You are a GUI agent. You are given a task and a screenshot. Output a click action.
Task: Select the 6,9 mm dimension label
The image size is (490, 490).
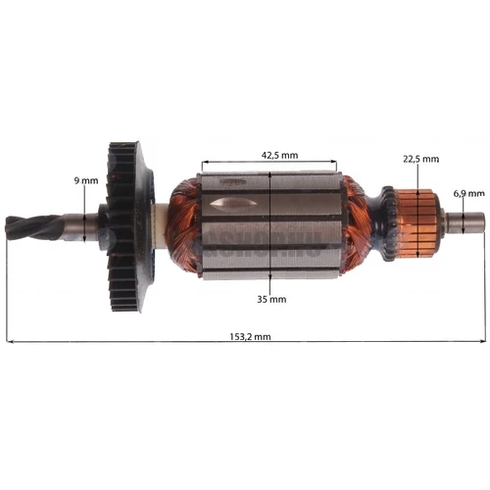466,192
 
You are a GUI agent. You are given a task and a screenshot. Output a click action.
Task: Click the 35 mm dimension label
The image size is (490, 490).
272,298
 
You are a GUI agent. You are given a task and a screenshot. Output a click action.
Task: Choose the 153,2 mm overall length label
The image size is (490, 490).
247,335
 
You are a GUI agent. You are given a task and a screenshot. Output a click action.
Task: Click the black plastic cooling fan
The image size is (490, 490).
125,225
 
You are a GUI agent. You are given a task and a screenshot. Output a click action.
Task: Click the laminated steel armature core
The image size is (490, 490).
294,235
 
